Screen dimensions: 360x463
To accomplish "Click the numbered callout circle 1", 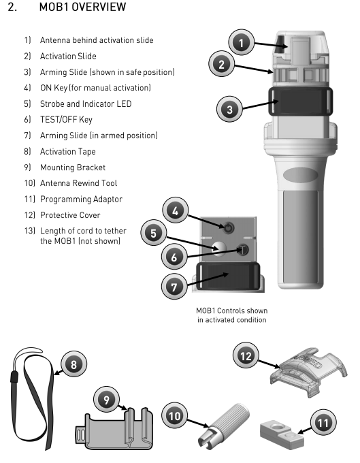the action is tap(242, 42).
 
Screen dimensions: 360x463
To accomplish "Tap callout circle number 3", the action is tap(229, 109).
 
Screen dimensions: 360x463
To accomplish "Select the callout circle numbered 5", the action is tap(153, 233).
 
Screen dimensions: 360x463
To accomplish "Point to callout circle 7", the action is tap(174, 286).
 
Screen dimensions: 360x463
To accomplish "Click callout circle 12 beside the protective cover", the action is tap(246, 355).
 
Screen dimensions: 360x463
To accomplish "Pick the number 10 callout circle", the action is tap(174, 415).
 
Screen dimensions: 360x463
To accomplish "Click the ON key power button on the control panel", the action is tap(229, 228).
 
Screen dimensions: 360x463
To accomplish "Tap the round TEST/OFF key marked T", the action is tap(243, 250).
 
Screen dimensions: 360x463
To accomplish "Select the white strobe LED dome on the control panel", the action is tap(219, 248).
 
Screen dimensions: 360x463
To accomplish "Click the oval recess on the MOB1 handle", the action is tap(300, 175).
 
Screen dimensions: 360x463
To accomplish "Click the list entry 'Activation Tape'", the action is tap(68, 151).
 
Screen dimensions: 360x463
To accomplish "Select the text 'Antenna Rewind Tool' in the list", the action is tap(78, 183).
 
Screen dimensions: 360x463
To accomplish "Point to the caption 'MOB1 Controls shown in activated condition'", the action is tap(232, 315).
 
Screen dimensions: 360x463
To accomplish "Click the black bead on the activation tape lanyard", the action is tap(14, 377).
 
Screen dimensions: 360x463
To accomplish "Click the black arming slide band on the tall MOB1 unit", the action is tap(300, 101).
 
